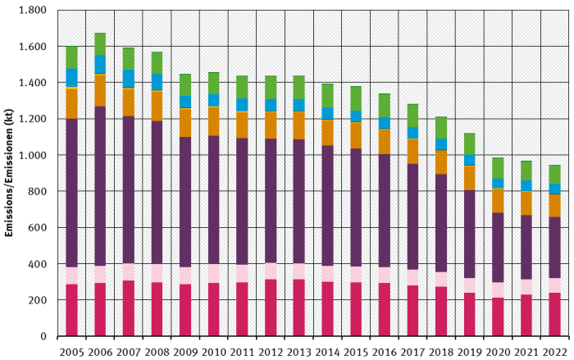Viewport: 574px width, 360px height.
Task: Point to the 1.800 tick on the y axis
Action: (x=34, y=11)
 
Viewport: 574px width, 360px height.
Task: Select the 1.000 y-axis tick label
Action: (x=34, y=155)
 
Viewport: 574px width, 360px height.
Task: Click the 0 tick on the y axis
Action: (x=43, y=336)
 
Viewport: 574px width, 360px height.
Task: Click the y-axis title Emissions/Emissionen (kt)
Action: (x=10, y=173)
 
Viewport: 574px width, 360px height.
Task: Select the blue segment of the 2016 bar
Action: (x=384, y=123)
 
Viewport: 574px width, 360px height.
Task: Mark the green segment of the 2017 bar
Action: (x=412, y=116)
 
